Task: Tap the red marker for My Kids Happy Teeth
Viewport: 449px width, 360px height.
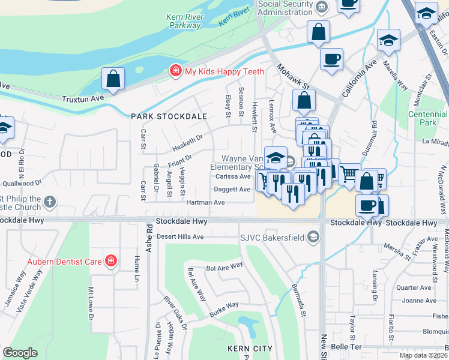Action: [x=175, y=71]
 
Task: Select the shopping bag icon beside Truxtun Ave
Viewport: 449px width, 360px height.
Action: [x=113, y=79]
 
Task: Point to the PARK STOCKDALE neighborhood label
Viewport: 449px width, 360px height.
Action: [x=169, y=116]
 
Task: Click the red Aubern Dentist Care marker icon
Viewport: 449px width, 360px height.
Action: [x=110, y=260]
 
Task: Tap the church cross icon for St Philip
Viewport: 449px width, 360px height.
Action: [x=50, y=202]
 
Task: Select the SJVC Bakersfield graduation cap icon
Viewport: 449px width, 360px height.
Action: [x=312, y=237]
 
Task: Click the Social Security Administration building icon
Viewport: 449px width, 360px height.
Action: [x=322, y=7]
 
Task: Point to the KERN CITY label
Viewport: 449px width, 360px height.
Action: [x=249, y=349]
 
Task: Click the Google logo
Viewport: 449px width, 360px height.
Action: [x=20, y=353]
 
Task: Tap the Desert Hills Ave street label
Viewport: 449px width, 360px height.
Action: [x=180, y=236]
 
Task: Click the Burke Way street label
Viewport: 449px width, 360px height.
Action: [x=224, y=309]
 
